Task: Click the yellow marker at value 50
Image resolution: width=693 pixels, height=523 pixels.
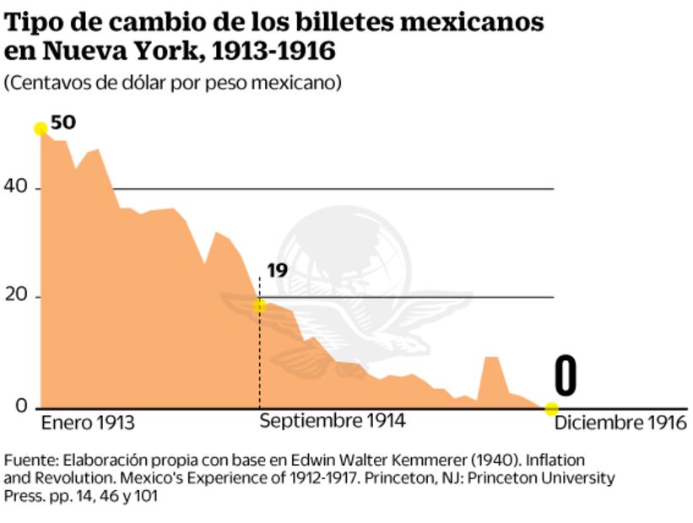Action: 40,128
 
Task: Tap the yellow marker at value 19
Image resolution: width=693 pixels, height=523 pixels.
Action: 259,305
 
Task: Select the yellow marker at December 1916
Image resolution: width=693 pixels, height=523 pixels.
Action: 551,409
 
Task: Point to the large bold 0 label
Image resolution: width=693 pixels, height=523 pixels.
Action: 565,376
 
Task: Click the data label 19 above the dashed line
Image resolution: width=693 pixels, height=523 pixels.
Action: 277,271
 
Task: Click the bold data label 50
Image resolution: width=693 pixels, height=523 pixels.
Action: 63,123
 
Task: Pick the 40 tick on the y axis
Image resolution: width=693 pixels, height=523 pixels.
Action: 16,187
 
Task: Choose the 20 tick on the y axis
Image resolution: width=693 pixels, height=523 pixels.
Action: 16,296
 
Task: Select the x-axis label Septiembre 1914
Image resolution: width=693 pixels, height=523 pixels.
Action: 332,420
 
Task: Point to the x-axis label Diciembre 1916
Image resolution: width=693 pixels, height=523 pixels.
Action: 620,423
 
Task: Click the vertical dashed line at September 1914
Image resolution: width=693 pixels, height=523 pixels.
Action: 259,363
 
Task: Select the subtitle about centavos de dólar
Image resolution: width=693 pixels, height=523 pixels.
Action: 172,84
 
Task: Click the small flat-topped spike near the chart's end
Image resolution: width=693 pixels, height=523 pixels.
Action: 490,359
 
